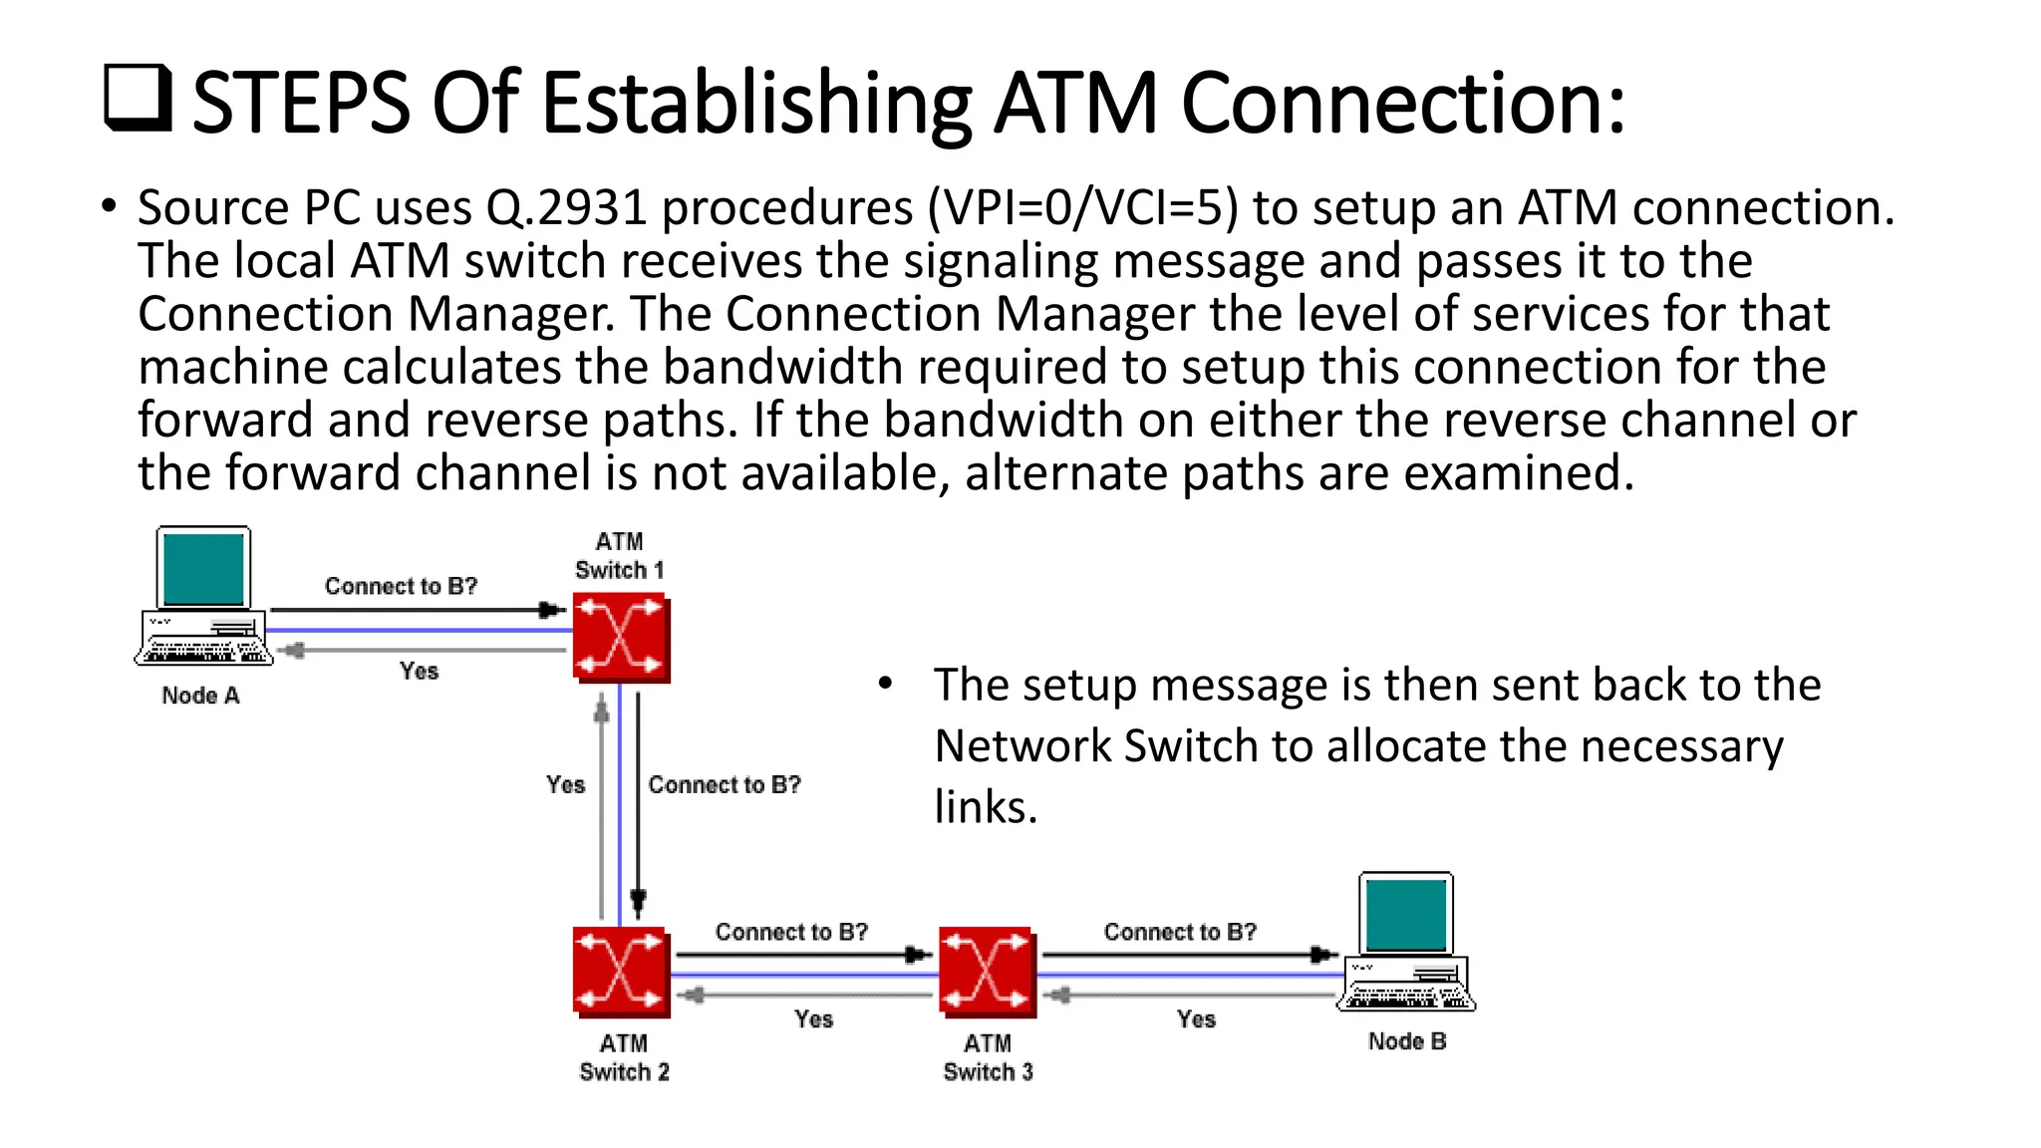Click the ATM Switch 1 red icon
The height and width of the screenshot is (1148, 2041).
[x=621, y=638]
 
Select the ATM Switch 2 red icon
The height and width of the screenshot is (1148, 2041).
[x=621, y=972]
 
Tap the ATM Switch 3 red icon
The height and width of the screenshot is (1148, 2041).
[x=987, y=972]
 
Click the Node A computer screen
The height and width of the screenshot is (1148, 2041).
[x=203, y=569]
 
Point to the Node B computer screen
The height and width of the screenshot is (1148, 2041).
[x=1406, y=915]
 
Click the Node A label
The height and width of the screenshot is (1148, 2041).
[x=200, y=696]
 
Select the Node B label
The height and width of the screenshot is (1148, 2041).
[x=1406, y=1041]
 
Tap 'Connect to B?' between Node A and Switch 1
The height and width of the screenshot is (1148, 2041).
[x=401, y=586]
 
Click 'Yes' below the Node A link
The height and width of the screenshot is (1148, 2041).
[x=419, y=671]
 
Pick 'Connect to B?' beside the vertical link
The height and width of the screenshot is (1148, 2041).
[x=724, y=785]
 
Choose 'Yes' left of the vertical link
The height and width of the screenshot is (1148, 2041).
[x=565, y=785]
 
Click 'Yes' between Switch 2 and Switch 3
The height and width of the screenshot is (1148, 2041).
[x=813, y=1018]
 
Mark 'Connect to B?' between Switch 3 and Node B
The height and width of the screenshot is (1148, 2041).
[x=1180, y=932]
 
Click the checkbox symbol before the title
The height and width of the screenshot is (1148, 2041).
[x=138, y=98]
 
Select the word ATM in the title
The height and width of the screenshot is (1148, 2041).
[x=1076, y=103]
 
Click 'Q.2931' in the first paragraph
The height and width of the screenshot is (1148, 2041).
[x=566, y=208]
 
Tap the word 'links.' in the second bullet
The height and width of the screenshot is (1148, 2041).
[x=986, y=807]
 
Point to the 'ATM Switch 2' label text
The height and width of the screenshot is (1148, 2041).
[x=624, y=1057]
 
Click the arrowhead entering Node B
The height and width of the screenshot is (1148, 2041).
[x=1323, y=955]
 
